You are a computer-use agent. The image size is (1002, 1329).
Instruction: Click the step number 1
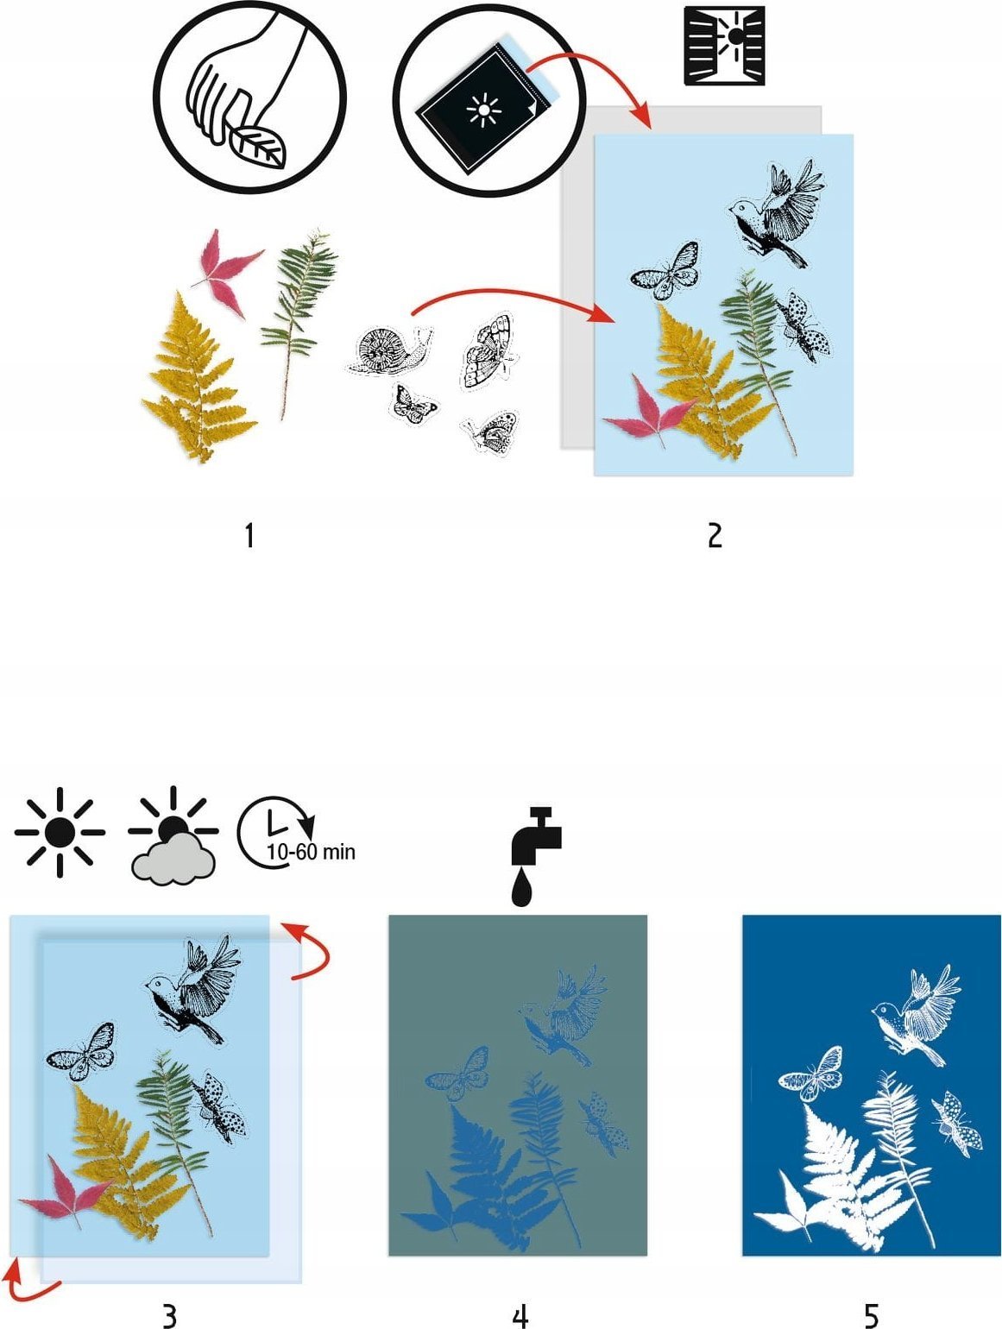[x=249, y=536]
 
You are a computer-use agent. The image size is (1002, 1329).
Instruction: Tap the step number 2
[x=715, y=536]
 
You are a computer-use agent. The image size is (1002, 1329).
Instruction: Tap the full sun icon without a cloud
[x=60, y=833]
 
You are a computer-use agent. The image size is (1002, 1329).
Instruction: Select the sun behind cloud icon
[x=173, y=835]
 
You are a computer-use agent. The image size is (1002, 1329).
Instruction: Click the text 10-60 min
[x=312, y=852]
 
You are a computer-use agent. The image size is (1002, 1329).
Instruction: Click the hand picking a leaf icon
[x=249, y=97]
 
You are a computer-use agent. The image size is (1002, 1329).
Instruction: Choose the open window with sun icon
[x=725, y=46]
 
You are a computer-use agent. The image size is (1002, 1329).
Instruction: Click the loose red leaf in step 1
[x=225, y=271]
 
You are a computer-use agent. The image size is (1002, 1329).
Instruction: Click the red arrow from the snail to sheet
[x=514, y=293]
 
